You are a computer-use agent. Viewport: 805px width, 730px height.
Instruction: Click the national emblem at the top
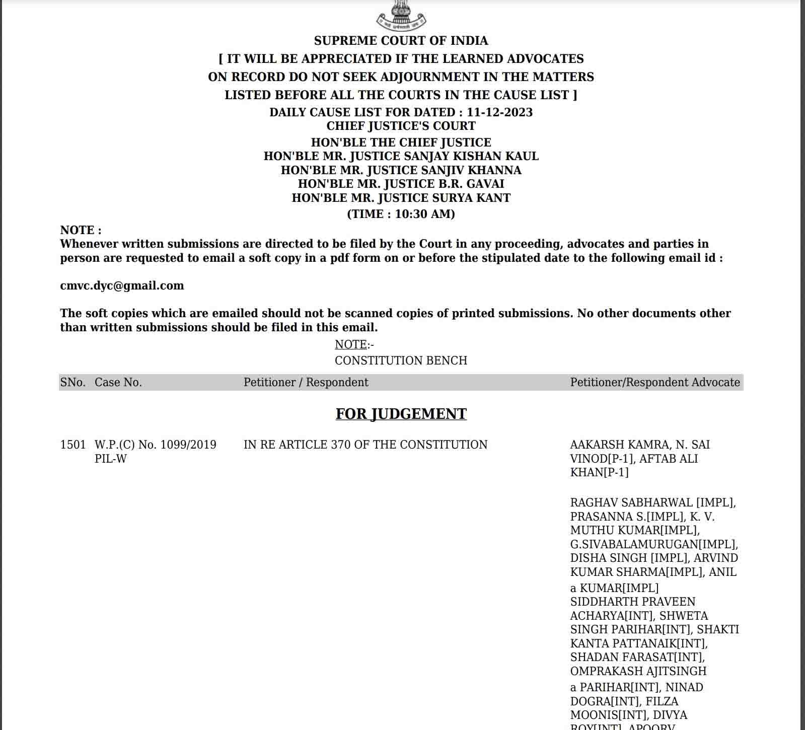(x=401, y=15)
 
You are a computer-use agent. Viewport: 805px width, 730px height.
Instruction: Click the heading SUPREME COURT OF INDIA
(x=401, y=41)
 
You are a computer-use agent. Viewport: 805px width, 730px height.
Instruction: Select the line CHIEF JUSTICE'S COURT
(x=401, y=126)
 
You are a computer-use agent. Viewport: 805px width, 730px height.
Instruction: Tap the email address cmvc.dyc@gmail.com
(x=122, y=285)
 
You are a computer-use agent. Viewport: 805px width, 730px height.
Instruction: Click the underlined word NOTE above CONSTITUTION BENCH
(x=351, y=344)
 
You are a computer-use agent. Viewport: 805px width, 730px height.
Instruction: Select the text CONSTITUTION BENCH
(x=401, y=360)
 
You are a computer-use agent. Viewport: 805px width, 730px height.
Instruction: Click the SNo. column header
(x=73, y=383)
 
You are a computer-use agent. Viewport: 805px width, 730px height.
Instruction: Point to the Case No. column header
(x=118, y=383)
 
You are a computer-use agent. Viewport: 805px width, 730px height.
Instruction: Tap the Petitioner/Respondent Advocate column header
(x=654, y=383)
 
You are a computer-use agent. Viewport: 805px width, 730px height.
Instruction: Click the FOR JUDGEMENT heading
(x=401, y=414)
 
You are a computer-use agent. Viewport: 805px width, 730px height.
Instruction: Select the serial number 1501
(x=73, y=445)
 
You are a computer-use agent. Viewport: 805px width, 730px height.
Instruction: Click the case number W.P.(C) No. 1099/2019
(x=155, y=445)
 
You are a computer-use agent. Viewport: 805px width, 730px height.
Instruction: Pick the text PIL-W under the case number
(x=111, y=459)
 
